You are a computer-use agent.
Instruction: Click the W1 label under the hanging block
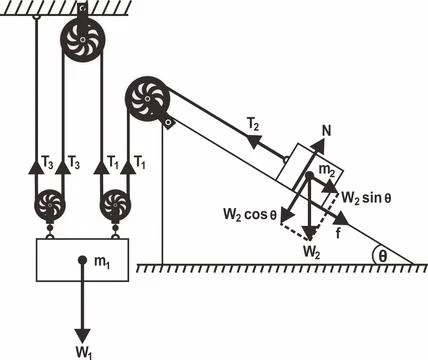point(87,350)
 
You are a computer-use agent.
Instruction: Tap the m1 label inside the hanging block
point(102,262)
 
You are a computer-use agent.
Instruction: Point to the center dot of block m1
point(81,261)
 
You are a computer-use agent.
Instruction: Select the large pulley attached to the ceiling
point(81,41)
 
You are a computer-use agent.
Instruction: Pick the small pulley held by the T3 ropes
point(50,208)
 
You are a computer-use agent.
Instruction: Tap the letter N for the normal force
point(328,131)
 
